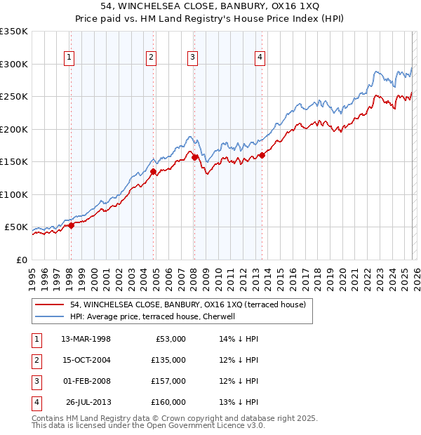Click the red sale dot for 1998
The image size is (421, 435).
pyautogui.click(x=71, y=225)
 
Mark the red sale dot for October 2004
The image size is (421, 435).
pyautogui.click(x=153, y=170)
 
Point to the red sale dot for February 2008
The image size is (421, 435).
pyautogui.click(x=194, y=157)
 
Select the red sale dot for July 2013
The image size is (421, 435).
pyautogui.click(x=262, y=155)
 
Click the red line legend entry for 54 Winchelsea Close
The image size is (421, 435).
pyautogui.click(x=187, y=305)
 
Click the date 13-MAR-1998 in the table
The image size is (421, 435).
pyautogui.click(x=86, y=339)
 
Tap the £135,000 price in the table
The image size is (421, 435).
pyautogui.click(x=168, y=360)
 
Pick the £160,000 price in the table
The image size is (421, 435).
pyautogui.click(x=168, y=402)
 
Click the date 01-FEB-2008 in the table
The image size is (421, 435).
pyautogui.click(x=86, y=381)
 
